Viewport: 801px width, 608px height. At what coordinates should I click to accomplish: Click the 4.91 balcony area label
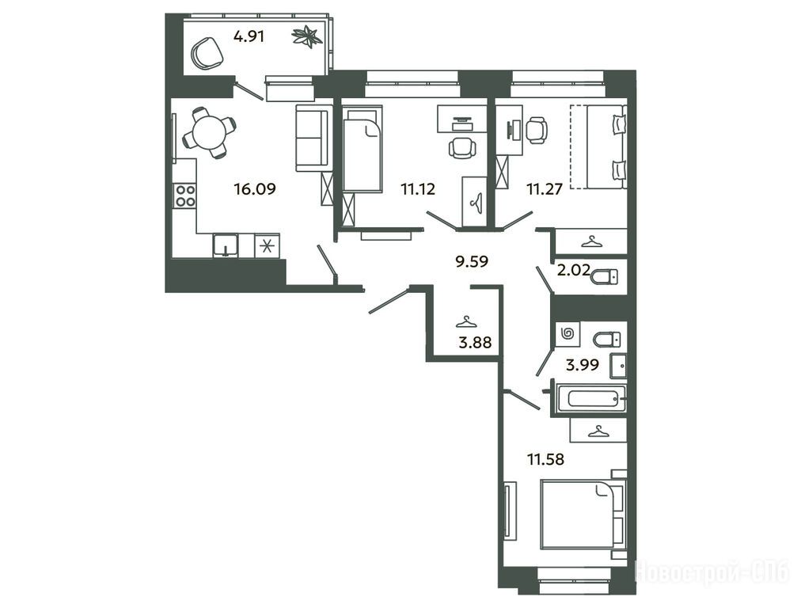249,36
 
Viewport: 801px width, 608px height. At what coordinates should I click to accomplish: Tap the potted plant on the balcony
306,36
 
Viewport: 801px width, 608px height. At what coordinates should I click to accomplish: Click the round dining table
210,132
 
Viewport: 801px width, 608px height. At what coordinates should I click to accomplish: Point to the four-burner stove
185,196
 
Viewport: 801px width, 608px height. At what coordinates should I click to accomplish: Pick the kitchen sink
226,245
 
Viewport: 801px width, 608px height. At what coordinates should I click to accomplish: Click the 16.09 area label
255,189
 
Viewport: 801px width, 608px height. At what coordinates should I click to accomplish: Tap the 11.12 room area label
418,189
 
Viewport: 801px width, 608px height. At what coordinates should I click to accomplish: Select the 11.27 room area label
545,189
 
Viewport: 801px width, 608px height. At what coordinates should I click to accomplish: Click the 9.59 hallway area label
472,261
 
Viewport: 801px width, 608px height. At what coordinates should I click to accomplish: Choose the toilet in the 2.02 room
605,277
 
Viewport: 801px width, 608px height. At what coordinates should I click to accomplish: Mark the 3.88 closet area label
475,342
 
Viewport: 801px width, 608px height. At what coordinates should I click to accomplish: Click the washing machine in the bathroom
568,334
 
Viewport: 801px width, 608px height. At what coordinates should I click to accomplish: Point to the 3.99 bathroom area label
583,365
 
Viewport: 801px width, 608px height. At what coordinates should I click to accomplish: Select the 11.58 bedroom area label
545,459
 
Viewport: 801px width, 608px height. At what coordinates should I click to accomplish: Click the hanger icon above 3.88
466,322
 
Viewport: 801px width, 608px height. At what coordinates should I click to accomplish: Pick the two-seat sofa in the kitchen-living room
311,138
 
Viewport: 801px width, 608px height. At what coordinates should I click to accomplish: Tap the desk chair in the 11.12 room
461,148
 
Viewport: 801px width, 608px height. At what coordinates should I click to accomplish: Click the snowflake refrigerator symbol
266,246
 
